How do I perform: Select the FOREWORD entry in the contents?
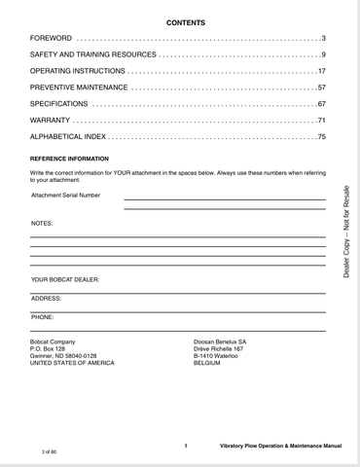(x=52, y=38)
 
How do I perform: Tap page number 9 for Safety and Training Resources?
(x=322, y=54)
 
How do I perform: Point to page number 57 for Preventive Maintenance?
(x=320, y=88)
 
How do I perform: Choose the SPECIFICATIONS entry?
(x=58, y=104)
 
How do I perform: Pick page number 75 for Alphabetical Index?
(x=320, y=137)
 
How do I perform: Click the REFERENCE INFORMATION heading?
(x=70, y=158)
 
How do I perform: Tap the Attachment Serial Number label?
(x=66, y=195)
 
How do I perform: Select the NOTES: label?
(x=42, y=224)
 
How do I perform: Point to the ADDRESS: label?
(x=47, y=299)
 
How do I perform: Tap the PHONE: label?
(x=43, y=317)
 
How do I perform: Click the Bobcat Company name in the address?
(x=54, y=341)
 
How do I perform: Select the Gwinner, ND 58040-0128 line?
(x=64, y=356)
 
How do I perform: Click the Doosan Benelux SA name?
(x=221, y=341)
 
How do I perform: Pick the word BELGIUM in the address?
(x=210, y=363)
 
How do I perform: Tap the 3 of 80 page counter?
(x=50, y=453)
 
